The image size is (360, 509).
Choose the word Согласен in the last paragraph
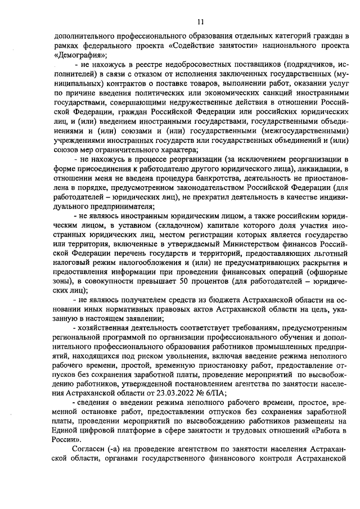coord(92,448)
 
